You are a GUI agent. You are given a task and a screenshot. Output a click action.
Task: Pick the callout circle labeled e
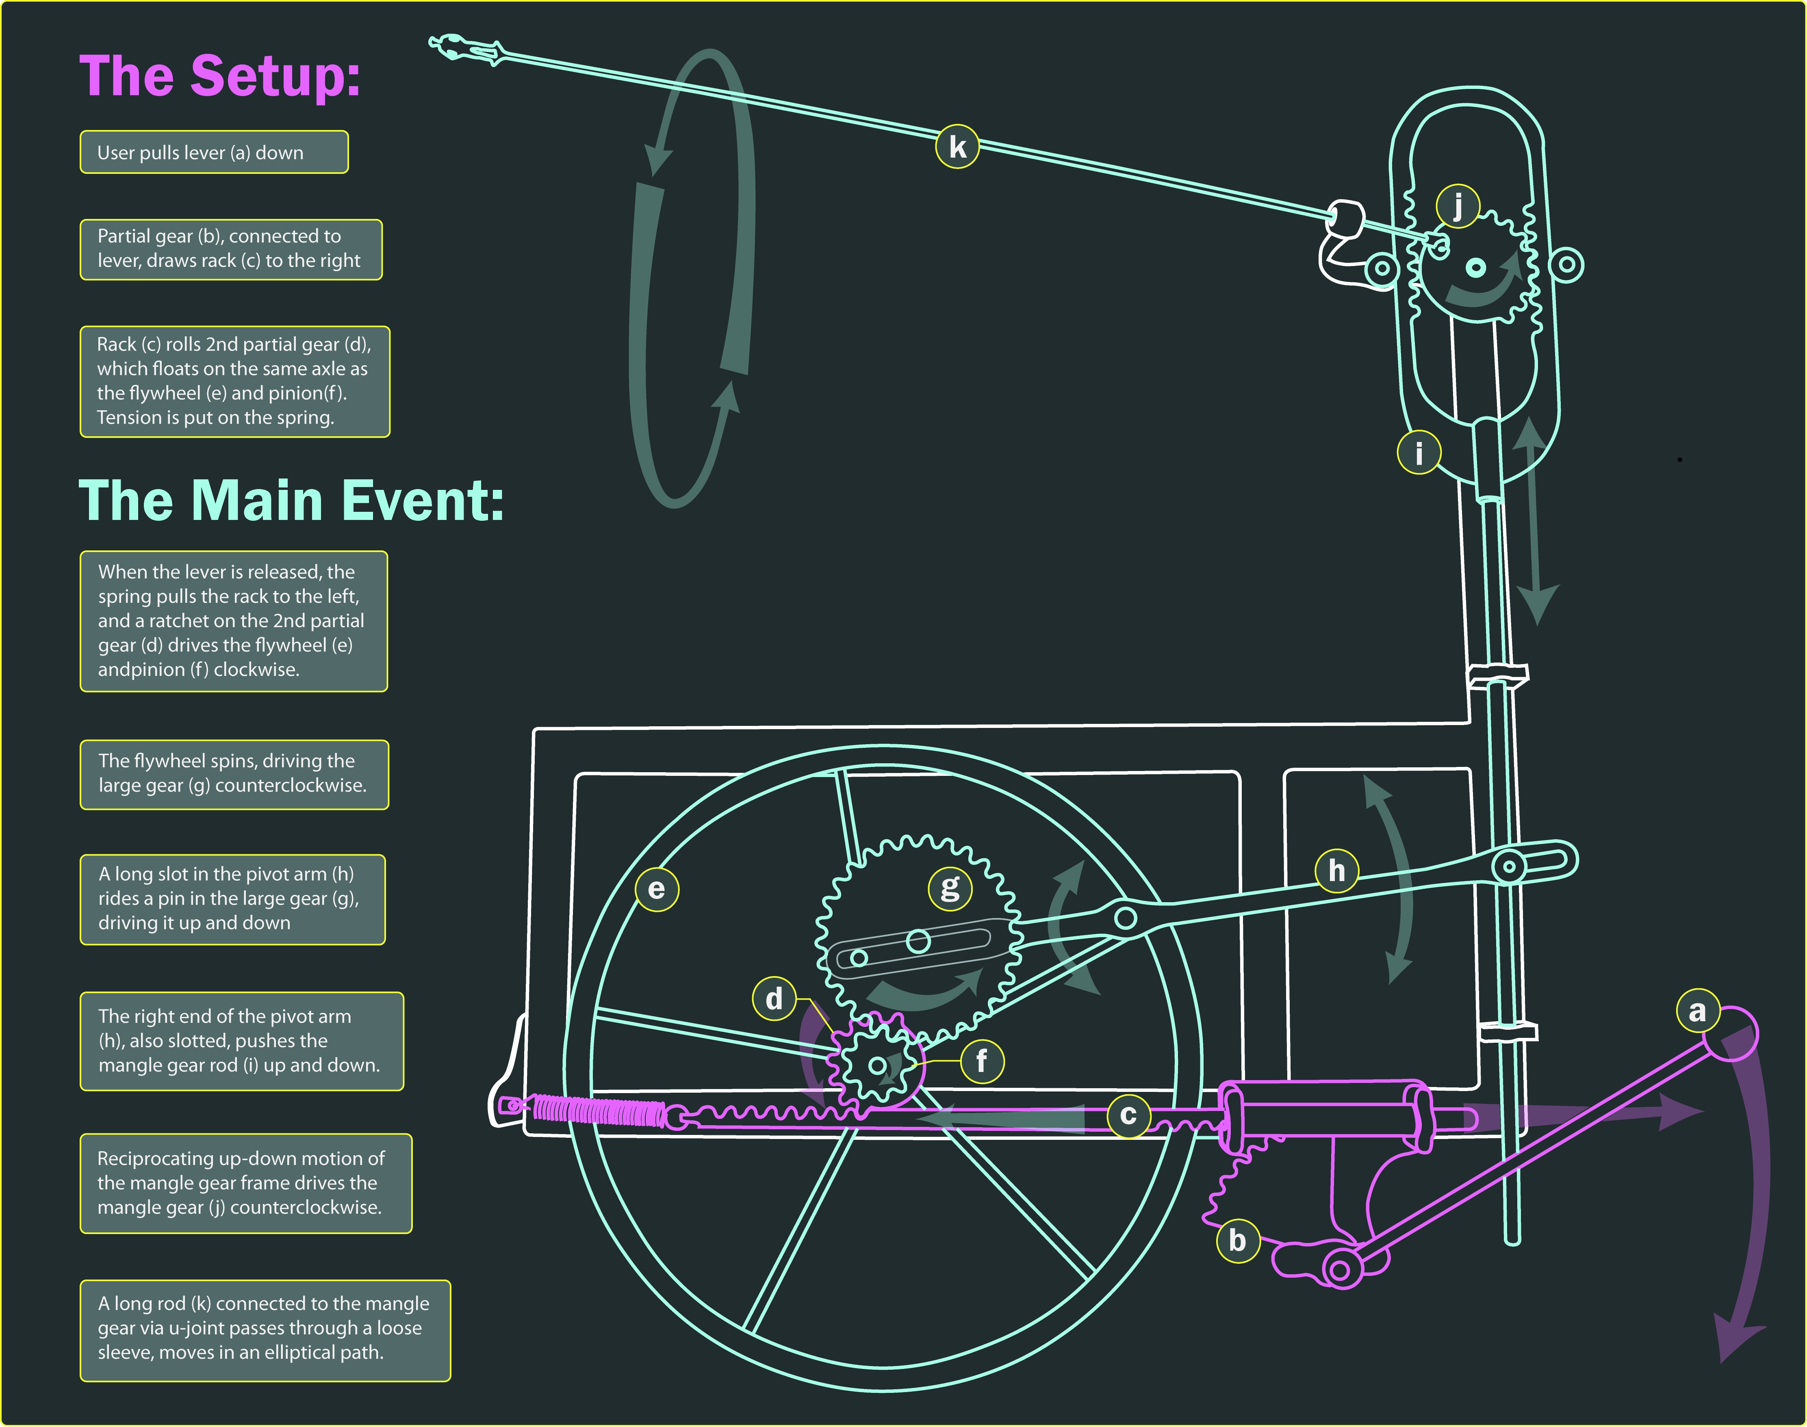657,889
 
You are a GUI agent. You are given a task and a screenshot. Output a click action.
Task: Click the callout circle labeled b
1238,1241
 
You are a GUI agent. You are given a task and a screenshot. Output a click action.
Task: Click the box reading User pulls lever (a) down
214,152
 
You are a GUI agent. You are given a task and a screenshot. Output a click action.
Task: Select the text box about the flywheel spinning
234,774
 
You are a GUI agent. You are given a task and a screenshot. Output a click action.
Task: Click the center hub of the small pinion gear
878,1065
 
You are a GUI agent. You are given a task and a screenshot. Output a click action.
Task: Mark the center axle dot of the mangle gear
1476,267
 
